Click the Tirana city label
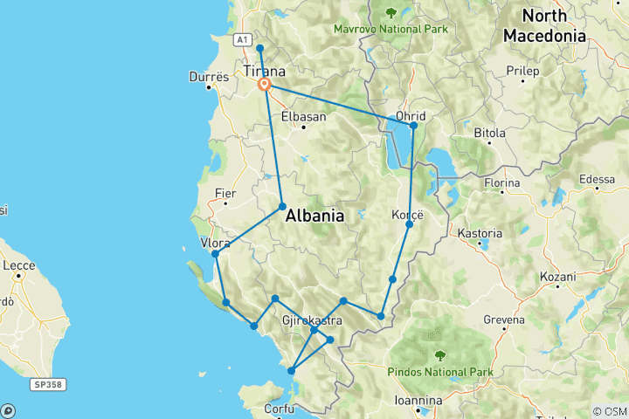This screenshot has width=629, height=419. pyautogui.click(x=262, y=70)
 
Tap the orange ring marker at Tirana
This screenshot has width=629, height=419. pyautogui.click(x=265, y=85)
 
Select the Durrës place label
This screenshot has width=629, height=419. pyautogui.click(x=209, y=77)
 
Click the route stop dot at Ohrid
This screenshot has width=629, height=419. pyautogui.click(x=413, y=126)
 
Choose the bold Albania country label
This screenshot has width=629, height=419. pyautogui.click(x=314, y=216)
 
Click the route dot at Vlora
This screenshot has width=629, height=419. pyautogui.click(x=215, y=254)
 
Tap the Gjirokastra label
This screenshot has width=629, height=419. pyautogui.click(x=310, y=321)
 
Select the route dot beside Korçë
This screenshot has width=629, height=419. pyautogui.click(x=409, y=225)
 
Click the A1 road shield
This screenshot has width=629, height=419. pyautogui.click(x=243, y=39)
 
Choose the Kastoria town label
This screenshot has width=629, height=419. pyautogui.click(x=480, y=234)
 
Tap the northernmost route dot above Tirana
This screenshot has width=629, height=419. pyautogui.click(x=260, y=47)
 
